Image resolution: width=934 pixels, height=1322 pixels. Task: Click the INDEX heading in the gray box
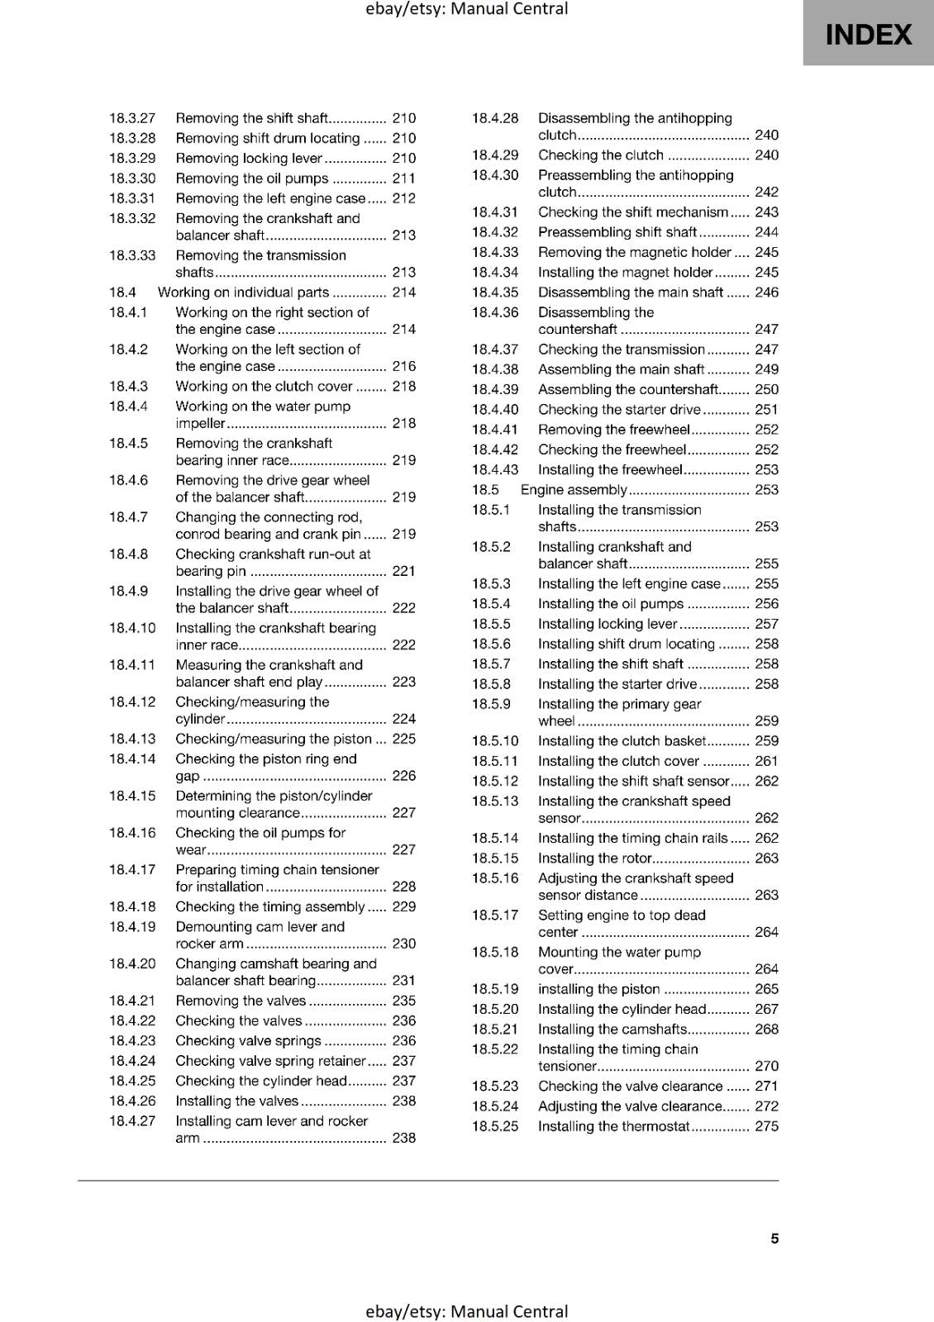tap(869, 35)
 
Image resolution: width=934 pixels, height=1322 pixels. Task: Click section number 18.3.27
tap(132, 118)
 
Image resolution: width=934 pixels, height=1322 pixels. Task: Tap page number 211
tap(404, 178)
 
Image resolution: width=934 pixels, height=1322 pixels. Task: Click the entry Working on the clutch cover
tap(264, 386)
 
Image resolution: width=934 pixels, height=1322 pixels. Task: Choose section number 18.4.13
tap(132, 739)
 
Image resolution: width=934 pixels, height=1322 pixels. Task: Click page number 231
tap(404, 981)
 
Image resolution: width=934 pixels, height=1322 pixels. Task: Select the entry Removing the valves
tap(241, 1001)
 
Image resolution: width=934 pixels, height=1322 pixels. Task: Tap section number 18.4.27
tap(132, 1121)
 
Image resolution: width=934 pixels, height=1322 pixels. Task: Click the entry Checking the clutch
tap(601, 155)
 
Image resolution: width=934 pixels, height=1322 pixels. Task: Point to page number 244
tap(767, 232)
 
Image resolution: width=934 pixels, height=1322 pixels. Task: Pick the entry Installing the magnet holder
tap(625, 273)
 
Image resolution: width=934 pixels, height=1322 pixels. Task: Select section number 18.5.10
tap(495, 741)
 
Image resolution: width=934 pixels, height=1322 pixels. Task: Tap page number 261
tap(767, 761)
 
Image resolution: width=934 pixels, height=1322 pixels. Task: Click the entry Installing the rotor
tap(595, 858)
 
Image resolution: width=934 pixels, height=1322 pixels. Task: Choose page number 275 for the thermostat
tap(767, 1126)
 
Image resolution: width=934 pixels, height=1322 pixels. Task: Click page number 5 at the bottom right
tap(774, 1239)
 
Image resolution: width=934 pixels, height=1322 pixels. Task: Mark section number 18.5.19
tap(495, 989)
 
